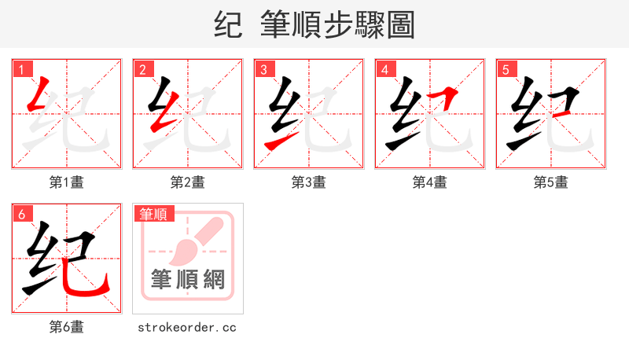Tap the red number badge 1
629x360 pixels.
(21, 70)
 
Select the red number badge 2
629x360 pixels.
(142, 70)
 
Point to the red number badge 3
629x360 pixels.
(263, 70)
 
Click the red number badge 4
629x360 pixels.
(384, 70)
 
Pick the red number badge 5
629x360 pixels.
(506, 70)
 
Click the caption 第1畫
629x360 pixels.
(66, 182)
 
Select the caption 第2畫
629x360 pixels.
(187, 182)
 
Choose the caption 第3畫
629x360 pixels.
(308, 182)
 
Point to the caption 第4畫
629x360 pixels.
(429, 182)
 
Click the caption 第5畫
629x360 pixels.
(550, 182)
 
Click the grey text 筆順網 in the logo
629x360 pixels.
(187, 279)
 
